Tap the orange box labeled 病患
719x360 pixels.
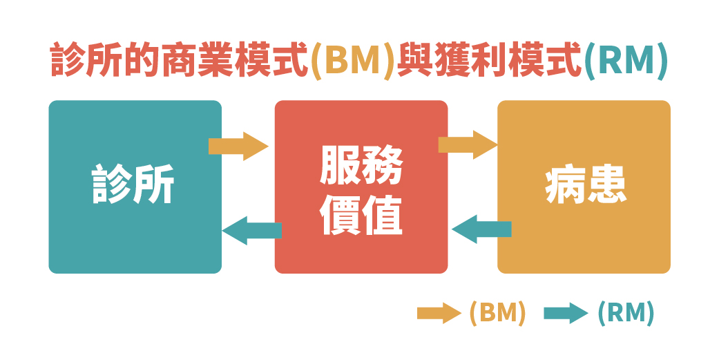pyautogui.click(x=584, y=235)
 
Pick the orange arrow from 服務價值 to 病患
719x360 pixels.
pyautogui.click(x=468, y=144)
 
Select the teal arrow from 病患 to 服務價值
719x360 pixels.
pyautogui.click(x=481, y=229)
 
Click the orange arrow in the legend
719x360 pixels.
pyautogui.click(x=439, y=313)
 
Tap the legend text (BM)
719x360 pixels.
pyautogui.click(x=497, y=313)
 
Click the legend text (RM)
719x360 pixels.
pyautogui.click(x=626, y=313)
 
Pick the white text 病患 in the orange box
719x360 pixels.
pyautogui.click(x=586, y=185)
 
